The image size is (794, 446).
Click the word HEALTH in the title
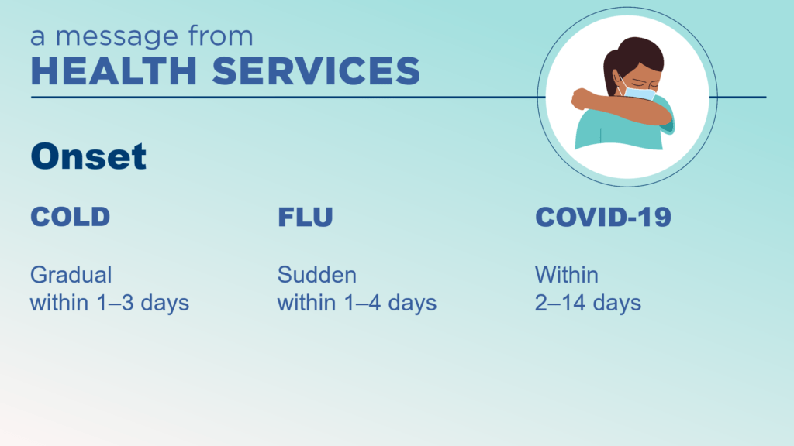(x=113, y=70)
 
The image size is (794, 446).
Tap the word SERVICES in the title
(x=316, y=70)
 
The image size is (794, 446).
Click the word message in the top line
(x=116, y=37)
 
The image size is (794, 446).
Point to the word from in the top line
(x=220, y=36)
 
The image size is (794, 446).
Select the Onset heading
(x=88, y=156)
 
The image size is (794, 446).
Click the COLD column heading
(x=71, y=217)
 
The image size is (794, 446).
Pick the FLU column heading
(x=306, y=217)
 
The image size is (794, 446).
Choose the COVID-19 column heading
(x=603, y=217)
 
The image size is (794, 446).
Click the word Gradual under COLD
(x=71, y=275)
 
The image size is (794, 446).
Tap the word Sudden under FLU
(x=317, y=275)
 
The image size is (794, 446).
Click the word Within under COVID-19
(x=567, y=275)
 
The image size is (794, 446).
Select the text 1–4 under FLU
(x=362, y=303)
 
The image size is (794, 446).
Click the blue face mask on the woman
(x=639, y=93)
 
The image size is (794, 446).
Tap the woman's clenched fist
(x=581, y=98)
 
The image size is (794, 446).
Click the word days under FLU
(x=413, y=303)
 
